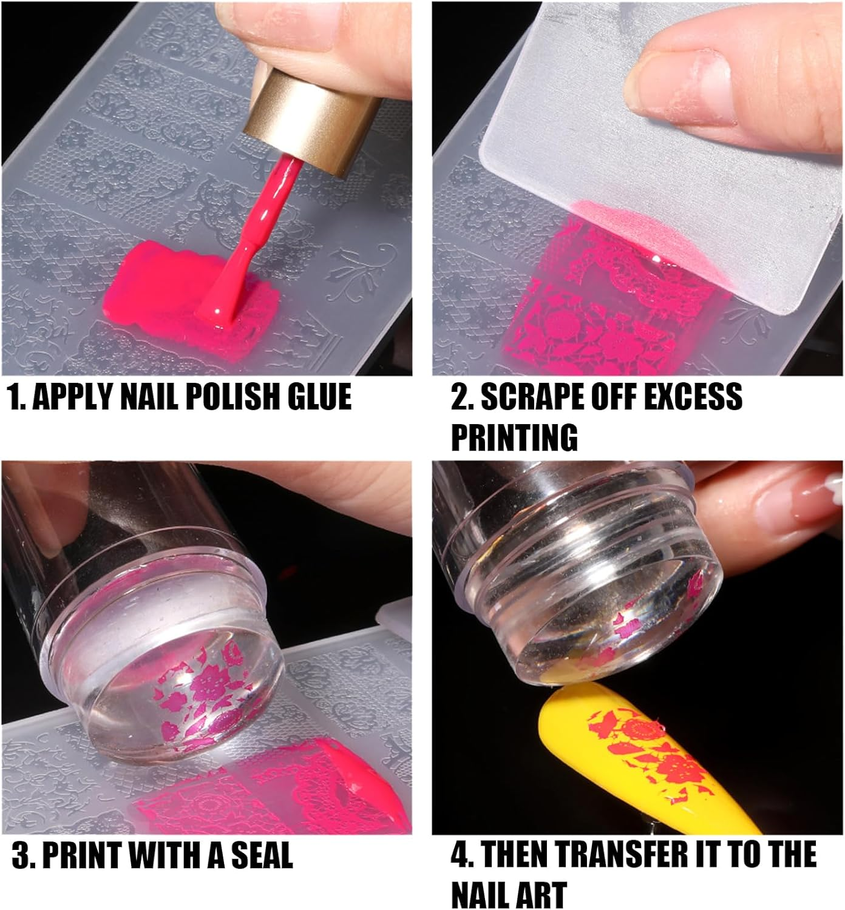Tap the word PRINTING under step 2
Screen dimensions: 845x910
[515, 437]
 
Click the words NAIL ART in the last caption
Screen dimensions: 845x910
[509, 894]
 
